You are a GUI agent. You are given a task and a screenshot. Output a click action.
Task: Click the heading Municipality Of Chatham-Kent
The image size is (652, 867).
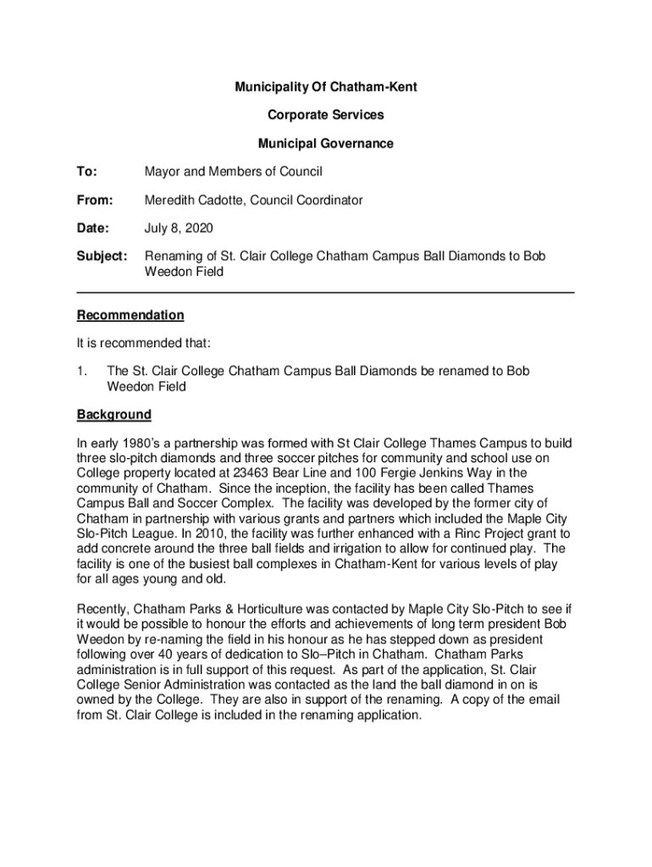pos(326,87)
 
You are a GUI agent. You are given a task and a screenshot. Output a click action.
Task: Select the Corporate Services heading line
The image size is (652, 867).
pos(326,115)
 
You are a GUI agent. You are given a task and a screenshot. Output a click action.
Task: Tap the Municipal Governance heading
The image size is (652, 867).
pos(326,144)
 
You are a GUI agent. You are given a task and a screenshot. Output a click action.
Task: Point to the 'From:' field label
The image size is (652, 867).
pos(94,200)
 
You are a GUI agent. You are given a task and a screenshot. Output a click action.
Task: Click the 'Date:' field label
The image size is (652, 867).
pos(92,228)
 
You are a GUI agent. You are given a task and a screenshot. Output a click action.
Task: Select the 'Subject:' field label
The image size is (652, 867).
pos(102,256)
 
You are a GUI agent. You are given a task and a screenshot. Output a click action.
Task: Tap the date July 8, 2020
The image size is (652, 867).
pos(179,228)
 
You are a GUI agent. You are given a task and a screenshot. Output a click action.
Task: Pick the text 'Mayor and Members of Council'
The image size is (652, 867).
pos(234,172)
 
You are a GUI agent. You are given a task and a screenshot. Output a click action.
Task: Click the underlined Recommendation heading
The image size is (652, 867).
pos(130,315)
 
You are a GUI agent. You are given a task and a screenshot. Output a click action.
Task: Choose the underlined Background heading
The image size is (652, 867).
pos(114,415)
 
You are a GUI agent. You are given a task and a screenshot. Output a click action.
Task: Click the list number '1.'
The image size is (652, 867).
pos(82,372)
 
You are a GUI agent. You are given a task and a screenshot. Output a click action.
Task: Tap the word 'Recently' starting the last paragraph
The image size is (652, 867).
pos(106,609)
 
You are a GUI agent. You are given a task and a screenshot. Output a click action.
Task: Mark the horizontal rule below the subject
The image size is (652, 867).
pos(326,292)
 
